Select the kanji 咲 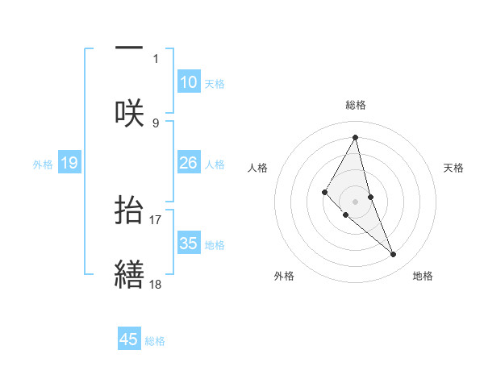click(x=129, y=113)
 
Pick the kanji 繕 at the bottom click(x=129, y=273)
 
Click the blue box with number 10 click(x=189, y=82)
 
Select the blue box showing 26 click(x=189, y=163)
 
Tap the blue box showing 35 click(x=189, y=244)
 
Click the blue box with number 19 click(x=69, y=163)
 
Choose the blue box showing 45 click(x=129, y=339)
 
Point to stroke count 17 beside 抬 click(x=155, y=219)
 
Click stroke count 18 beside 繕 click(x=155, y=283)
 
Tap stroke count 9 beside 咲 click(x=156, y=123)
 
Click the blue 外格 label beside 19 click(x=43, y=164)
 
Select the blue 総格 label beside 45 click(x=155, y=340)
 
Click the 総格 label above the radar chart click(x=356, y=105)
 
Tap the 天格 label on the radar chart click(x=454, y=168)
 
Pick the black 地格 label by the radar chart click(x=423, y=276)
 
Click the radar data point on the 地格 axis click(x=394, y=255)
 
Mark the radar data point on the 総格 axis click(x=356, y=136)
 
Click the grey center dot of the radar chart click(x=356, y=201)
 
